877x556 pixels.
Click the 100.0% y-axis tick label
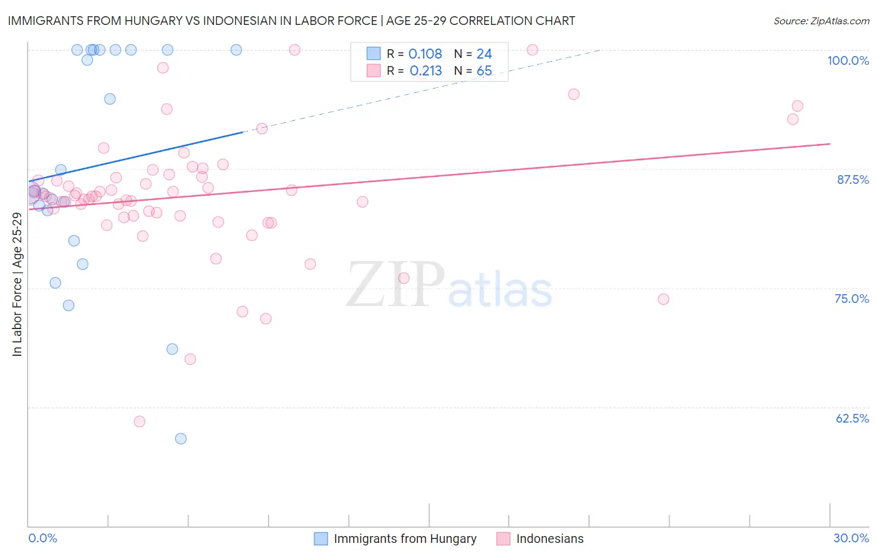tap(848, 60)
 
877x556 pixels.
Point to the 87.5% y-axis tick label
tap(853, 180)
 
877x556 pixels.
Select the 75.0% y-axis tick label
tap(851, 299)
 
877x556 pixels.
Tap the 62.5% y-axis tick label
tap(852, 418)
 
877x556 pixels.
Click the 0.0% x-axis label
tap(42, 538)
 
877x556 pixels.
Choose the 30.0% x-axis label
tap(851, 538)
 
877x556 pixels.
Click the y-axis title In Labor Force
tap(17, 284)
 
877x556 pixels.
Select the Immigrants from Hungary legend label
tap(405, 539)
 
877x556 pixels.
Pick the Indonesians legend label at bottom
tap(550, 539)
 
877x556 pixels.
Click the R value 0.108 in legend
tap(425, 54)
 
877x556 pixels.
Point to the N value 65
tap(484, 71)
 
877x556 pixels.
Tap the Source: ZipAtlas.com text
tap(821, 21)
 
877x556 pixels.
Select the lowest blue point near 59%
tap(181, 439)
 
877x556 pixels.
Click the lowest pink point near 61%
tap(140, 422)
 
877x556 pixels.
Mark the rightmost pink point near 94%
tap(797, 106)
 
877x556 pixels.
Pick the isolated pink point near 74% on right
tap(663, 299)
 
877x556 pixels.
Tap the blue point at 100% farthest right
tap(236, 50)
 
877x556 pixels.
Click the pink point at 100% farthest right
tap(532, 50)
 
